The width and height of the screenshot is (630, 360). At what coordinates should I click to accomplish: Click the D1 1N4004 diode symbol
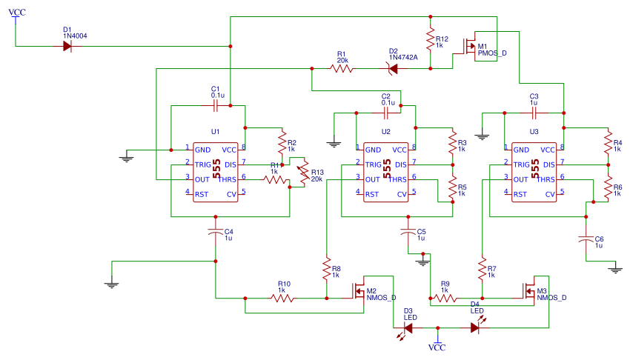[67, 46]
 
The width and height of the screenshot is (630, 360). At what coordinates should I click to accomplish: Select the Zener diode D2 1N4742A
[392, 69]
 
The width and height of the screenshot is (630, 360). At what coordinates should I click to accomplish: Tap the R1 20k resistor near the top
[341, 69]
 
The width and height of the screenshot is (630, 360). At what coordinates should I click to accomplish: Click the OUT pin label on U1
[202, 179]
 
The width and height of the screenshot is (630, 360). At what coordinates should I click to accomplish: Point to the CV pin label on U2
[402, 194]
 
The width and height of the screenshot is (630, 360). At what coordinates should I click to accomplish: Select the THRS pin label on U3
[545, 179]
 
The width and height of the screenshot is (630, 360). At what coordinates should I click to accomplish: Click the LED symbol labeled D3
[408, 327]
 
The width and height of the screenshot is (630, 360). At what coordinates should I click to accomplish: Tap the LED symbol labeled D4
[475, 327]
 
